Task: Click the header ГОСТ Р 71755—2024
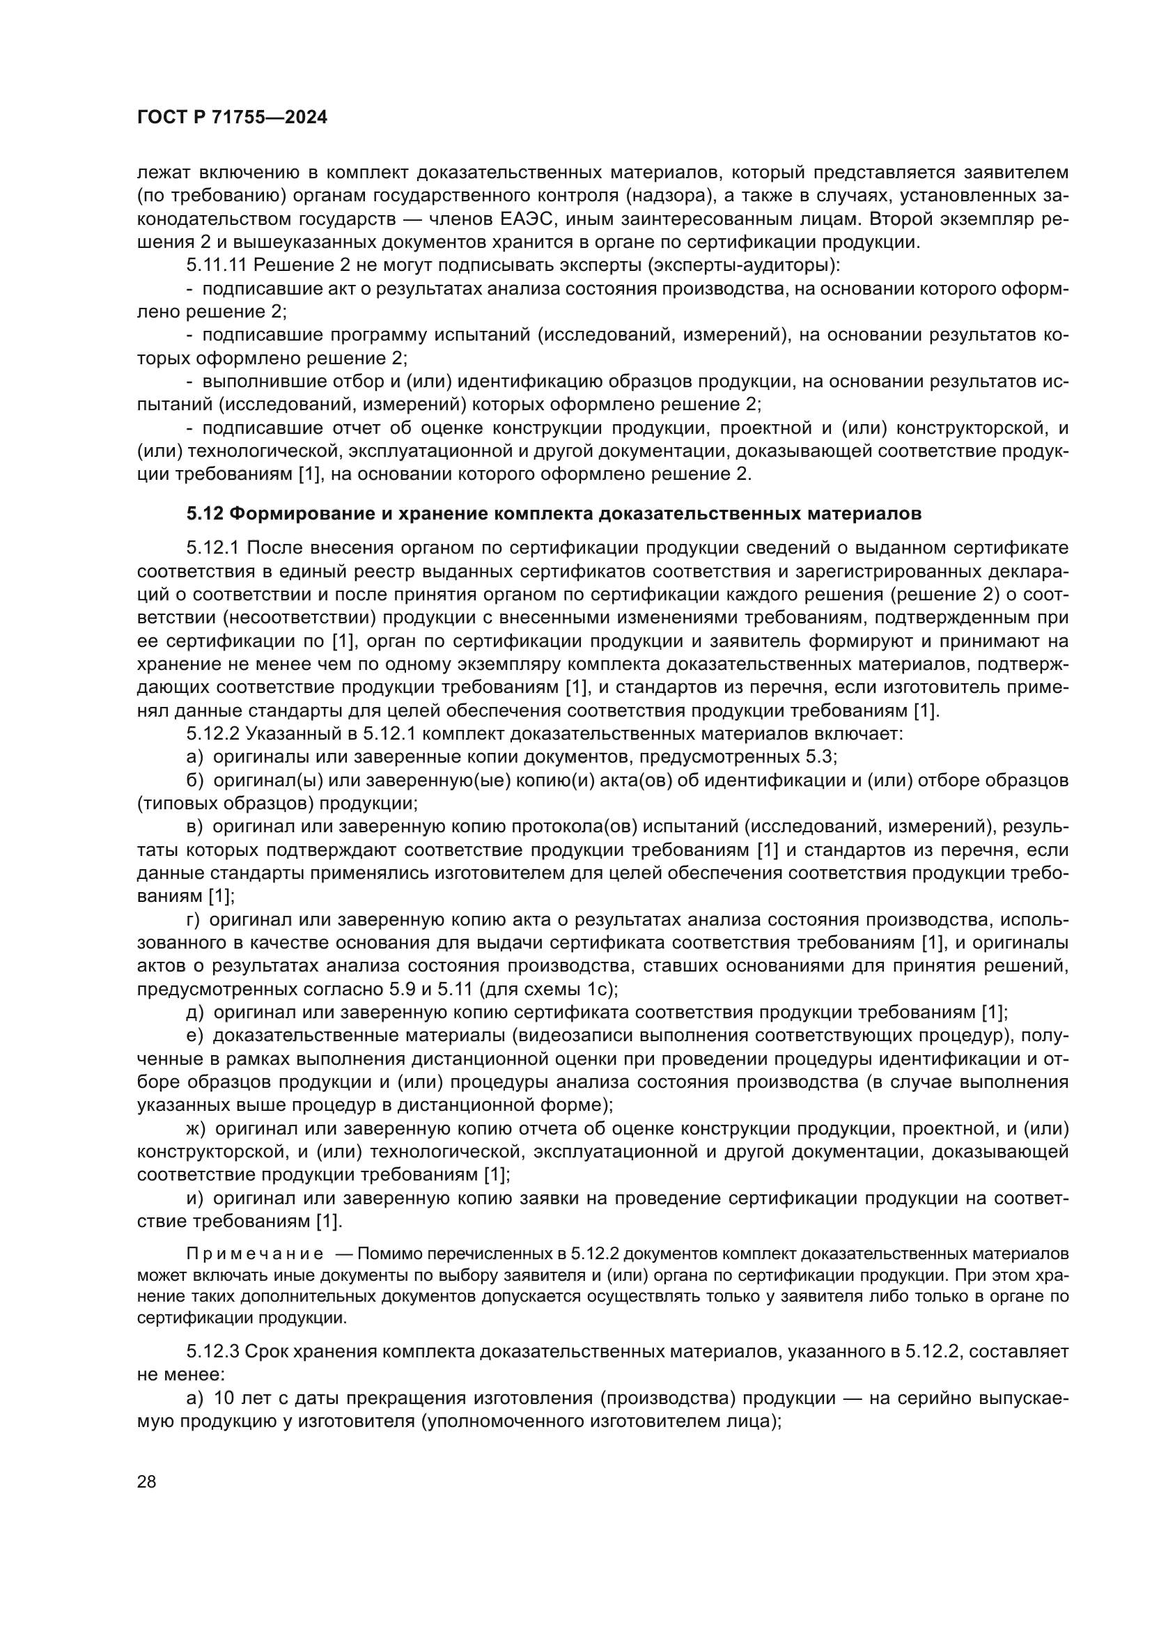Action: (x=232, y=118)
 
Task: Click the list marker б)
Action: (x=195, y=780)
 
